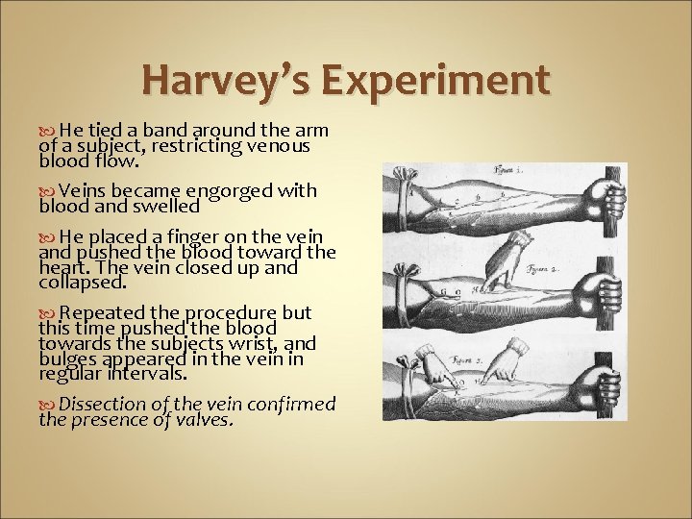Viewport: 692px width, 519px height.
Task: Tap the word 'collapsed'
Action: (83, 283)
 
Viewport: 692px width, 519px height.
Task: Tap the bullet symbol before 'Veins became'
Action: (49, 191)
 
